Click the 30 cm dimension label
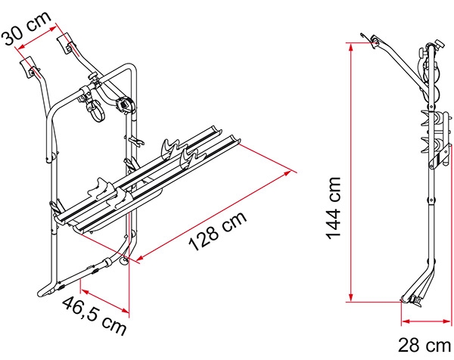click(x=27, y=27)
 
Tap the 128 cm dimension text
click(x=217, y=231)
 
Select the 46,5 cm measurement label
click(x=94, y=315)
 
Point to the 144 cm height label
click(x=333, y=208)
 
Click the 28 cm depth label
click(x=424, y=345)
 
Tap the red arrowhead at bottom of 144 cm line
click(x=351, y=297)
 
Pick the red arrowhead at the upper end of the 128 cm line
click(x=288, y=173)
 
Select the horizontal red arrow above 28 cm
click(x=426, y=321)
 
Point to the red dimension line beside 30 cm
click(x=37, y=38)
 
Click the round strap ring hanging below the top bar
click(x=96, y=110)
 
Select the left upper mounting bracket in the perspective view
click(x=30, y=68)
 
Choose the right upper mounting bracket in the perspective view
click(x=67, y=43)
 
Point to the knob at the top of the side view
click(x=439, y=45)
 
